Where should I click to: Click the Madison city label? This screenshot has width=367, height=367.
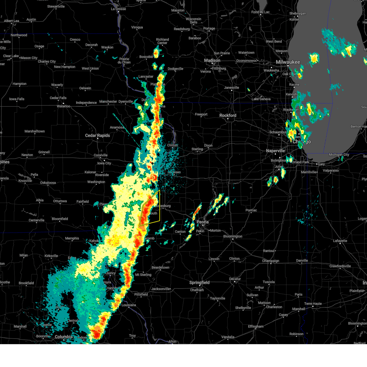coord(212,61)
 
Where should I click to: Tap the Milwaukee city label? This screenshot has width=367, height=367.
coord(288,62)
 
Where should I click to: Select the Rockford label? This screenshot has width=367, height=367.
coord(228,116)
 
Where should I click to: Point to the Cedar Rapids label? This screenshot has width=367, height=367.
coord(97,135)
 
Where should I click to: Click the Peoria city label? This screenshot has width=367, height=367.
coord(202,222)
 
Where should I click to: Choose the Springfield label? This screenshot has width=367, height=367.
coord(199,283)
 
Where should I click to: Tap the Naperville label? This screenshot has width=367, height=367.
coord(275,151)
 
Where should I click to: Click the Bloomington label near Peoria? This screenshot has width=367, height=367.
coord(232,236)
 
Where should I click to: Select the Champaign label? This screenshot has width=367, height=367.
coord(271,261)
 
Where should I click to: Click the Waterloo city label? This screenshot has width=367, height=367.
coord(63,106)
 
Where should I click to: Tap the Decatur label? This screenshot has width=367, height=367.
coord(235,279)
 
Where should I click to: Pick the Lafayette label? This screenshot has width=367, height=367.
coord(340,241)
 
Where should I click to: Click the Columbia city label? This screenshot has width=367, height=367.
coord(64,337)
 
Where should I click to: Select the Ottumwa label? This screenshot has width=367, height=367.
coord(60,201)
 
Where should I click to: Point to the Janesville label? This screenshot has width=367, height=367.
coord(231,88)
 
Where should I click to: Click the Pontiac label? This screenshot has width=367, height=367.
coord(251,210)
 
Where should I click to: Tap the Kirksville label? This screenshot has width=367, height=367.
coord(51,256)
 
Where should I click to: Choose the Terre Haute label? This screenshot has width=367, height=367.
coord(313,304)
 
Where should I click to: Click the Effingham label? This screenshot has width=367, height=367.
coord(255,326)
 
